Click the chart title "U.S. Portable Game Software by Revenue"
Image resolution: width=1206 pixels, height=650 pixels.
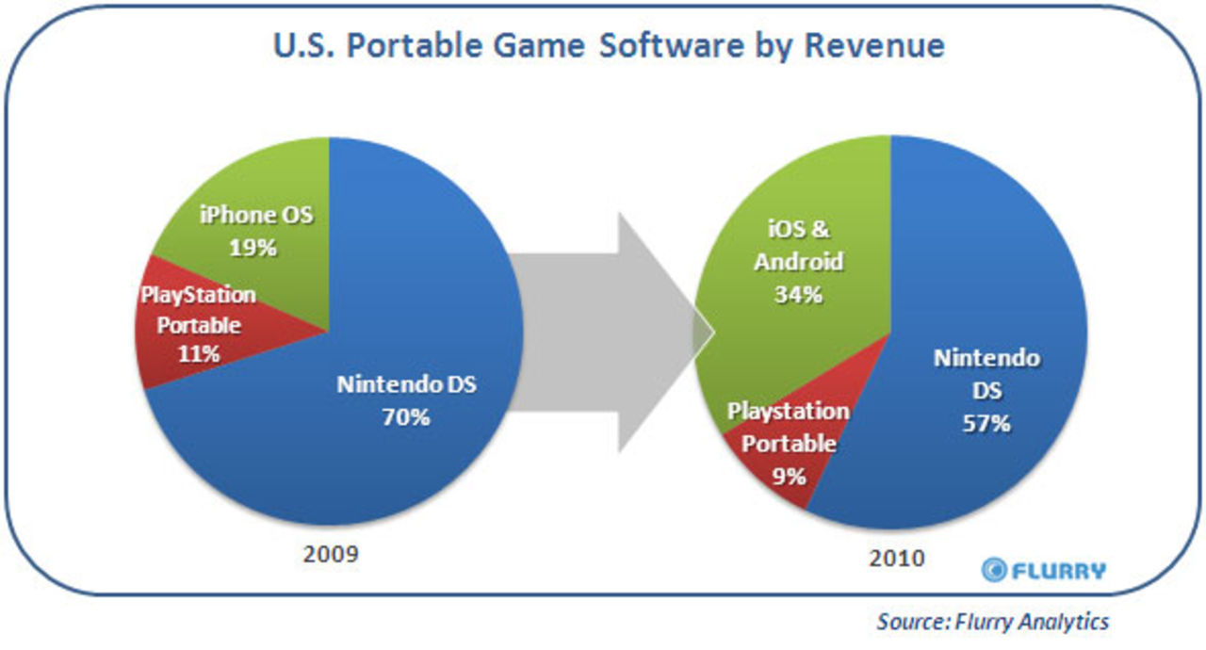point(609,45)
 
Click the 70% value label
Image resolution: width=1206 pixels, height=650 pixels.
point(406,415)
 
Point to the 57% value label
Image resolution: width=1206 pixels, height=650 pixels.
point(987,423)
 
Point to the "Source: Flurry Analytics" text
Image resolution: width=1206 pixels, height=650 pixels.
point(992,622)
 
